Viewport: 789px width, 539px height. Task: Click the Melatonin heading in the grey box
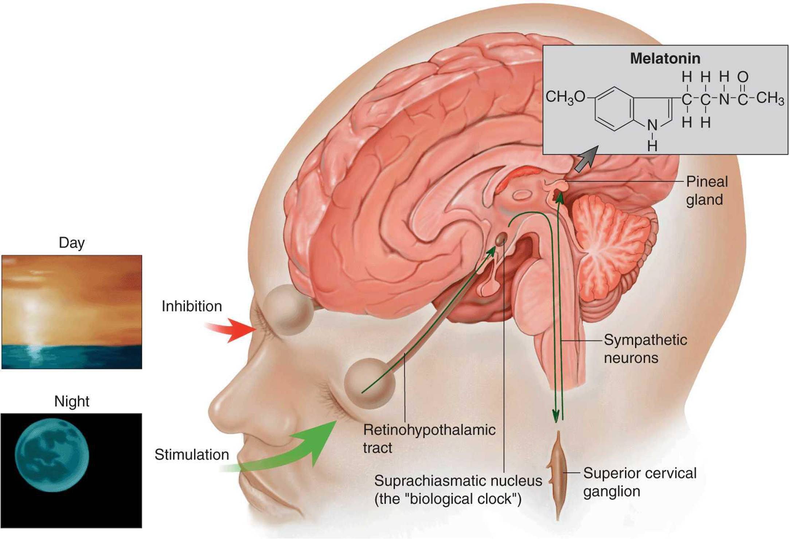point(665,58)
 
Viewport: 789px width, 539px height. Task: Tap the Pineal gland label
point(706,190)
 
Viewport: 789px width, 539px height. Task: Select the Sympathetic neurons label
point(645,349)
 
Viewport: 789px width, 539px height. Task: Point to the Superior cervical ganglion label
point(640,482)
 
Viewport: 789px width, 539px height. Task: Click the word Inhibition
point(192,306)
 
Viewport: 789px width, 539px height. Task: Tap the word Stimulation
point(192,455)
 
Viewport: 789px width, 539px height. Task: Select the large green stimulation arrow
point(292,452)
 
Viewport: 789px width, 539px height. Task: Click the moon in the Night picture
point(52,455)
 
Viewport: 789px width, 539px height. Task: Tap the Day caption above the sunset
point(71,243)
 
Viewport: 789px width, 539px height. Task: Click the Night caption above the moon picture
point(71,401)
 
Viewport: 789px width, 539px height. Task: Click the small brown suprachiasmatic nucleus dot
point(501,239)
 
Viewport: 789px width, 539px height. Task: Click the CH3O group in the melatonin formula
point(565,97)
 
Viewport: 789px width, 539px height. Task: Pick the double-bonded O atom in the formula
point(742,77)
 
